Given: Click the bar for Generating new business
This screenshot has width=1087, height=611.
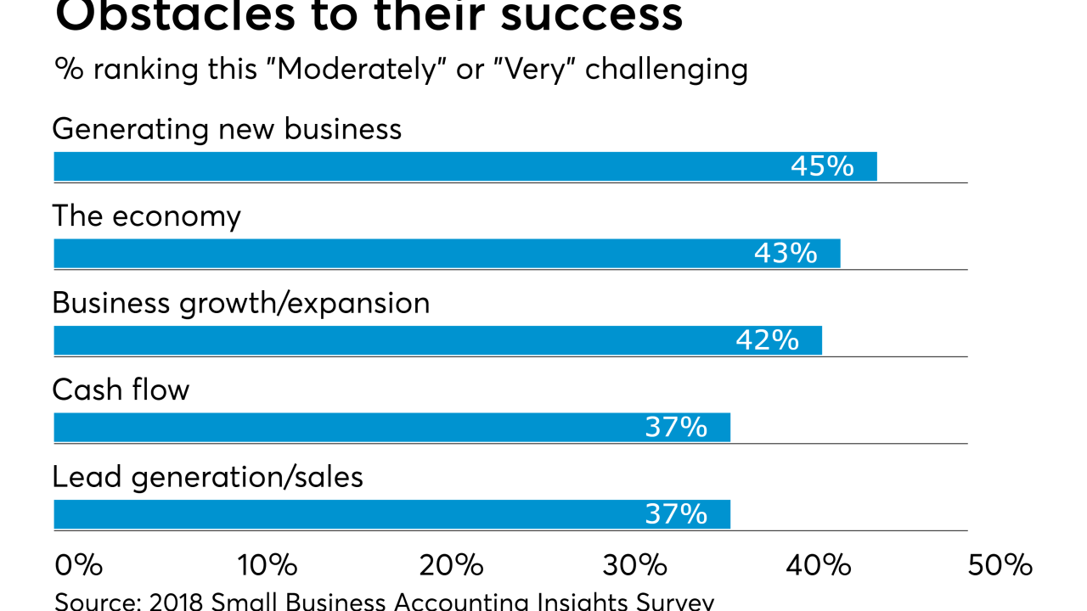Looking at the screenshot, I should point(425,166).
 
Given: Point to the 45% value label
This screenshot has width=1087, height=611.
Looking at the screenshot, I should point(822,166).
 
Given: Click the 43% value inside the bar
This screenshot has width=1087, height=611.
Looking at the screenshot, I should point(786,254).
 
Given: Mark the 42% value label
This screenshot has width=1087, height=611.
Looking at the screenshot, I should point(767,340).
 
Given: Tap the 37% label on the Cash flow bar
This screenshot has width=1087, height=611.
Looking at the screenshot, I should point(676,428).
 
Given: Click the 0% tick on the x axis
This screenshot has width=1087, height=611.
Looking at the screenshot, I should point(78,565).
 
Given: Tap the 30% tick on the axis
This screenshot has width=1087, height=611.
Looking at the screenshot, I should point(637,565).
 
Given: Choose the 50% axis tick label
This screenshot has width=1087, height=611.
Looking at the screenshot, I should point(1000,565).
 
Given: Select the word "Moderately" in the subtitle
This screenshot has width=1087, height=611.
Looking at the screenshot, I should point(358,69).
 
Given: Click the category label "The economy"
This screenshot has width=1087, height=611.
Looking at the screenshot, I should point(146,216).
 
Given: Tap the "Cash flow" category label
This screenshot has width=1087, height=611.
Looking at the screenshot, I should point(121,390).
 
